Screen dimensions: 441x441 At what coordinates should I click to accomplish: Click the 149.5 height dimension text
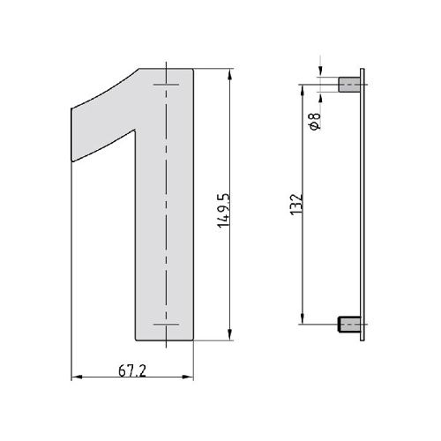tap(223, 211)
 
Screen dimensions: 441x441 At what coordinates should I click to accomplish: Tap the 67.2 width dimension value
tap(132, 371)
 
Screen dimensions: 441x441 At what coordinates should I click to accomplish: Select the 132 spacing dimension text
tap(296, 205)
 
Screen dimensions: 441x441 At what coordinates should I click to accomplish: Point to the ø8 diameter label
tap(315, 121)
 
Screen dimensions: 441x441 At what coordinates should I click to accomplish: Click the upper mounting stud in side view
tap(349, 85)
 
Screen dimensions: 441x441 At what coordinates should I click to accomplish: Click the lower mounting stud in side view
tap(349, 325)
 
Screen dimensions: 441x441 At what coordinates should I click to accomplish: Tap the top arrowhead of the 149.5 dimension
tap(230, 74)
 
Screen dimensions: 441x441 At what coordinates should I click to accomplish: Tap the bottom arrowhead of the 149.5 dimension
tap(230, 334)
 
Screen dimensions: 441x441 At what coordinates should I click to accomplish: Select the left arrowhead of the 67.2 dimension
tap(77, 377)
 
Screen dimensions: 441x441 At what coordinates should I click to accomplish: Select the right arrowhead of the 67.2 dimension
tap(188, 377)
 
